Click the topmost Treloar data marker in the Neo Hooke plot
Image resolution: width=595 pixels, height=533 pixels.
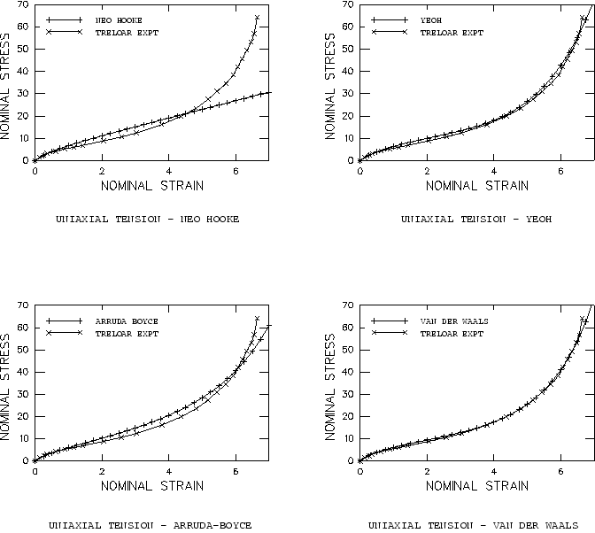pos(257,18)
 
